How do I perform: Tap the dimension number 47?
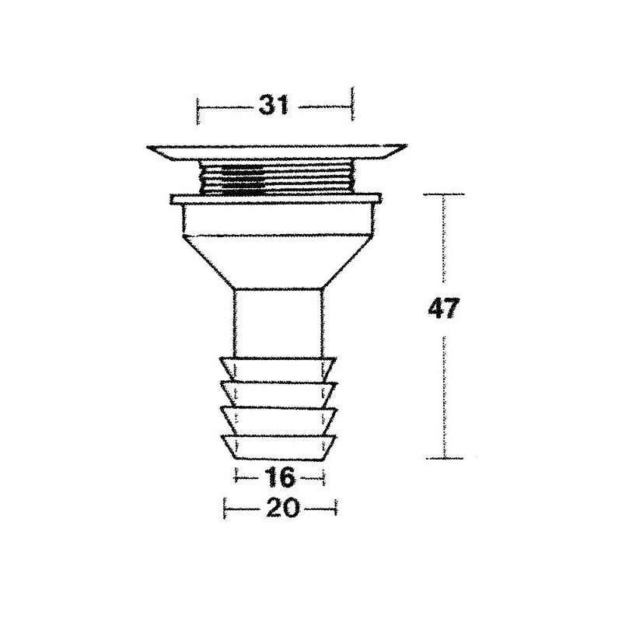tap(444, 309)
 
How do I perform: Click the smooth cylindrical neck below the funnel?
tap(278, 323)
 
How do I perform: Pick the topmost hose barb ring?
tap(278, 367)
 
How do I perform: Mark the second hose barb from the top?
tap(278, 393)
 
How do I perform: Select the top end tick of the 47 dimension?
tap(444, 194)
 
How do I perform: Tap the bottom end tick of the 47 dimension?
tap(444, 460)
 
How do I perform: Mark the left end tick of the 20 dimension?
tap(225, 508)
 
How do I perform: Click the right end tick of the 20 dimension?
tap(337, 508)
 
